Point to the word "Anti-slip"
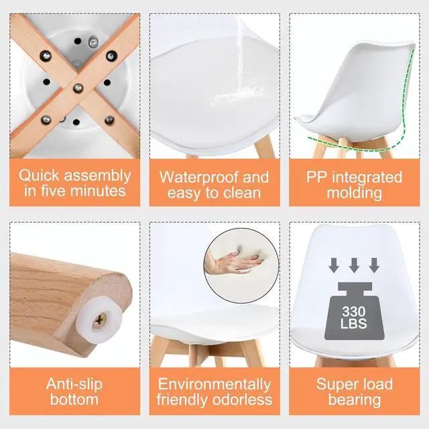[74, 384]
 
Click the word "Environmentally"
[214, 385]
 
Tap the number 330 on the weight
[353, 312]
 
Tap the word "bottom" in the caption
[73, 400]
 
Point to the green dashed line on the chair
[405, 101]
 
